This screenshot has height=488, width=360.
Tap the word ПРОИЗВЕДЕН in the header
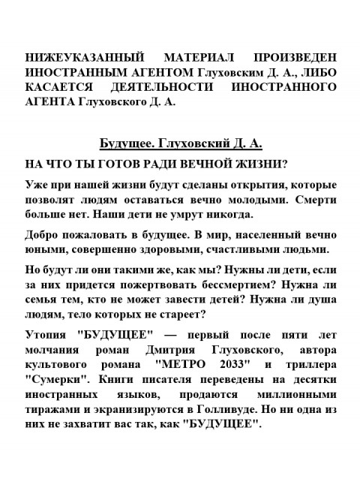[295, 58]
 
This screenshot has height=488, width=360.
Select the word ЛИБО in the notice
[317, 73]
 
